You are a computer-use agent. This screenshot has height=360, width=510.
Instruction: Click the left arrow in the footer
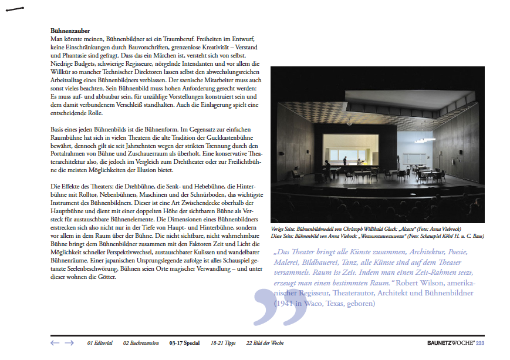coord(55,342)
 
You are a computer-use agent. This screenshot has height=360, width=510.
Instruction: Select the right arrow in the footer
coord(69,342)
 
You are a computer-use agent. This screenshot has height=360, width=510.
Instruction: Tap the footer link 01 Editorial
coord(100,343)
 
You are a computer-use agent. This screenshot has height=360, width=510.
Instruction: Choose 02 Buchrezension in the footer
coord(141,343)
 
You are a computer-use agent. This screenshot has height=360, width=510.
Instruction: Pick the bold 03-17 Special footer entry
coord(184,343)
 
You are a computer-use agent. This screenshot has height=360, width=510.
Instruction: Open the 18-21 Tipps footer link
coord(223,343)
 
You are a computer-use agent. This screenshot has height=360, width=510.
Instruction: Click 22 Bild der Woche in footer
coord(265,343)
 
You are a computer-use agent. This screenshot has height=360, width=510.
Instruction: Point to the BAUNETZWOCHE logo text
coord(450,343)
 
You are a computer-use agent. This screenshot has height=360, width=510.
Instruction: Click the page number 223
coord(479,343)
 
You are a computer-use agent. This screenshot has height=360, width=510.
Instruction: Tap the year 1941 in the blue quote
coord(283,303)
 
